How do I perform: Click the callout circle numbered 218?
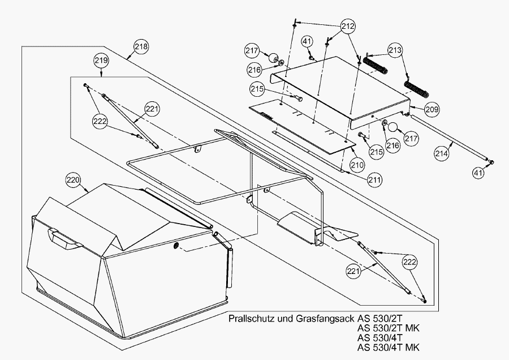141,47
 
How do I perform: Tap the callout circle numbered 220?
73,181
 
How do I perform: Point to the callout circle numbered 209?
432,108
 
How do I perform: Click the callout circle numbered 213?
395,50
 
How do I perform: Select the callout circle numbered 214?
443,152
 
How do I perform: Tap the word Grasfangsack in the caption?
321,319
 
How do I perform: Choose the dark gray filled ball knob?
274,57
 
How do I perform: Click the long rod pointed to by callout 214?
447,139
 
